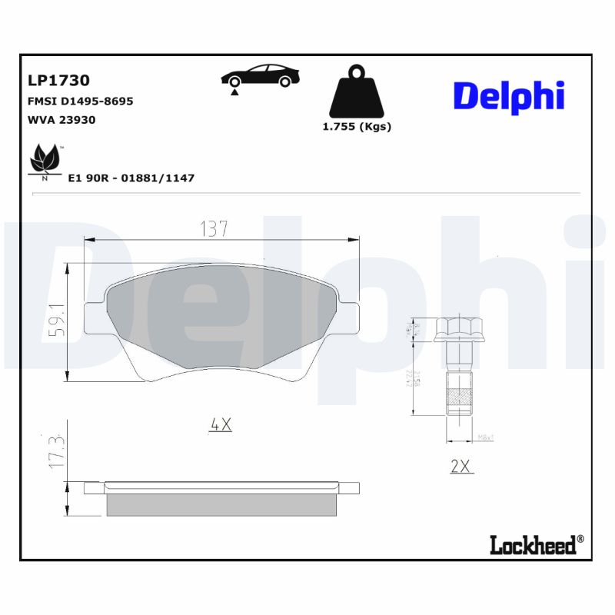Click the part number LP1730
coord(58,80)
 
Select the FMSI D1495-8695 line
coord(80,101)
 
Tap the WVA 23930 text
coord(61,120)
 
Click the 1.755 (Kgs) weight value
coord(356,127)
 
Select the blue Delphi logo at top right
coord(508,96)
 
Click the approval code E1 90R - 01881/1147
coord(131,178)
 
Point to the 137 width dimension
coord(214,228)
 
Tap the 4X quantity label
coord(221,424)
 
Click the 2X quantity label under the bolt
coord(461,466)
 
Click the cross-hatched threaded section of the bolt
coord(458,397)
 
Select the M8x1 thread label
coord(486,437)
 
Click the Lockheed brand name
coord(533,546)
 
